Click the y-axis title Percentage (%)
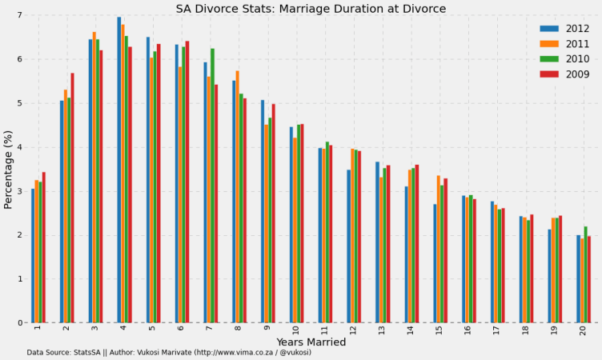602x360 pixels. pyautogui.click(x=9, y=169)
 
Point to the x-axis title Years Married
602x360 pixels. pyautogui.click(x=311, y=342)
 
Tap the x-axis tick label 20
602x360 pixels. pyautogui.click(x=584, y=330)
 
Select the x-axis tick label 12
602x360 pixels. pyautogui.click(x=354, y=330)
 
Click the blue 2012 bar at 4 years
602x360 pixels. pyautogui.click(x=119, y=170)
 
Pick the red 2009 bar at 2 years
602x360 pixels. pyautogui.click(x=72, y=198)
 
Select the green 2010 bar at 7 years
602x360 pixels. pyautogui.click(x=212, y=186)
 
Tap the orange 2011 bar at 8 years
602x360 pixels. pyautogui.click(x=238, y=197)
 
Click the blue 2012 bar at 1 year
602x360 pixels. pyautogui.click(x=33, y=255)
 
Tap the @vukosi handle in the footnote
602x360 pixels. pyautogui.click(x=294, y=352)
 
